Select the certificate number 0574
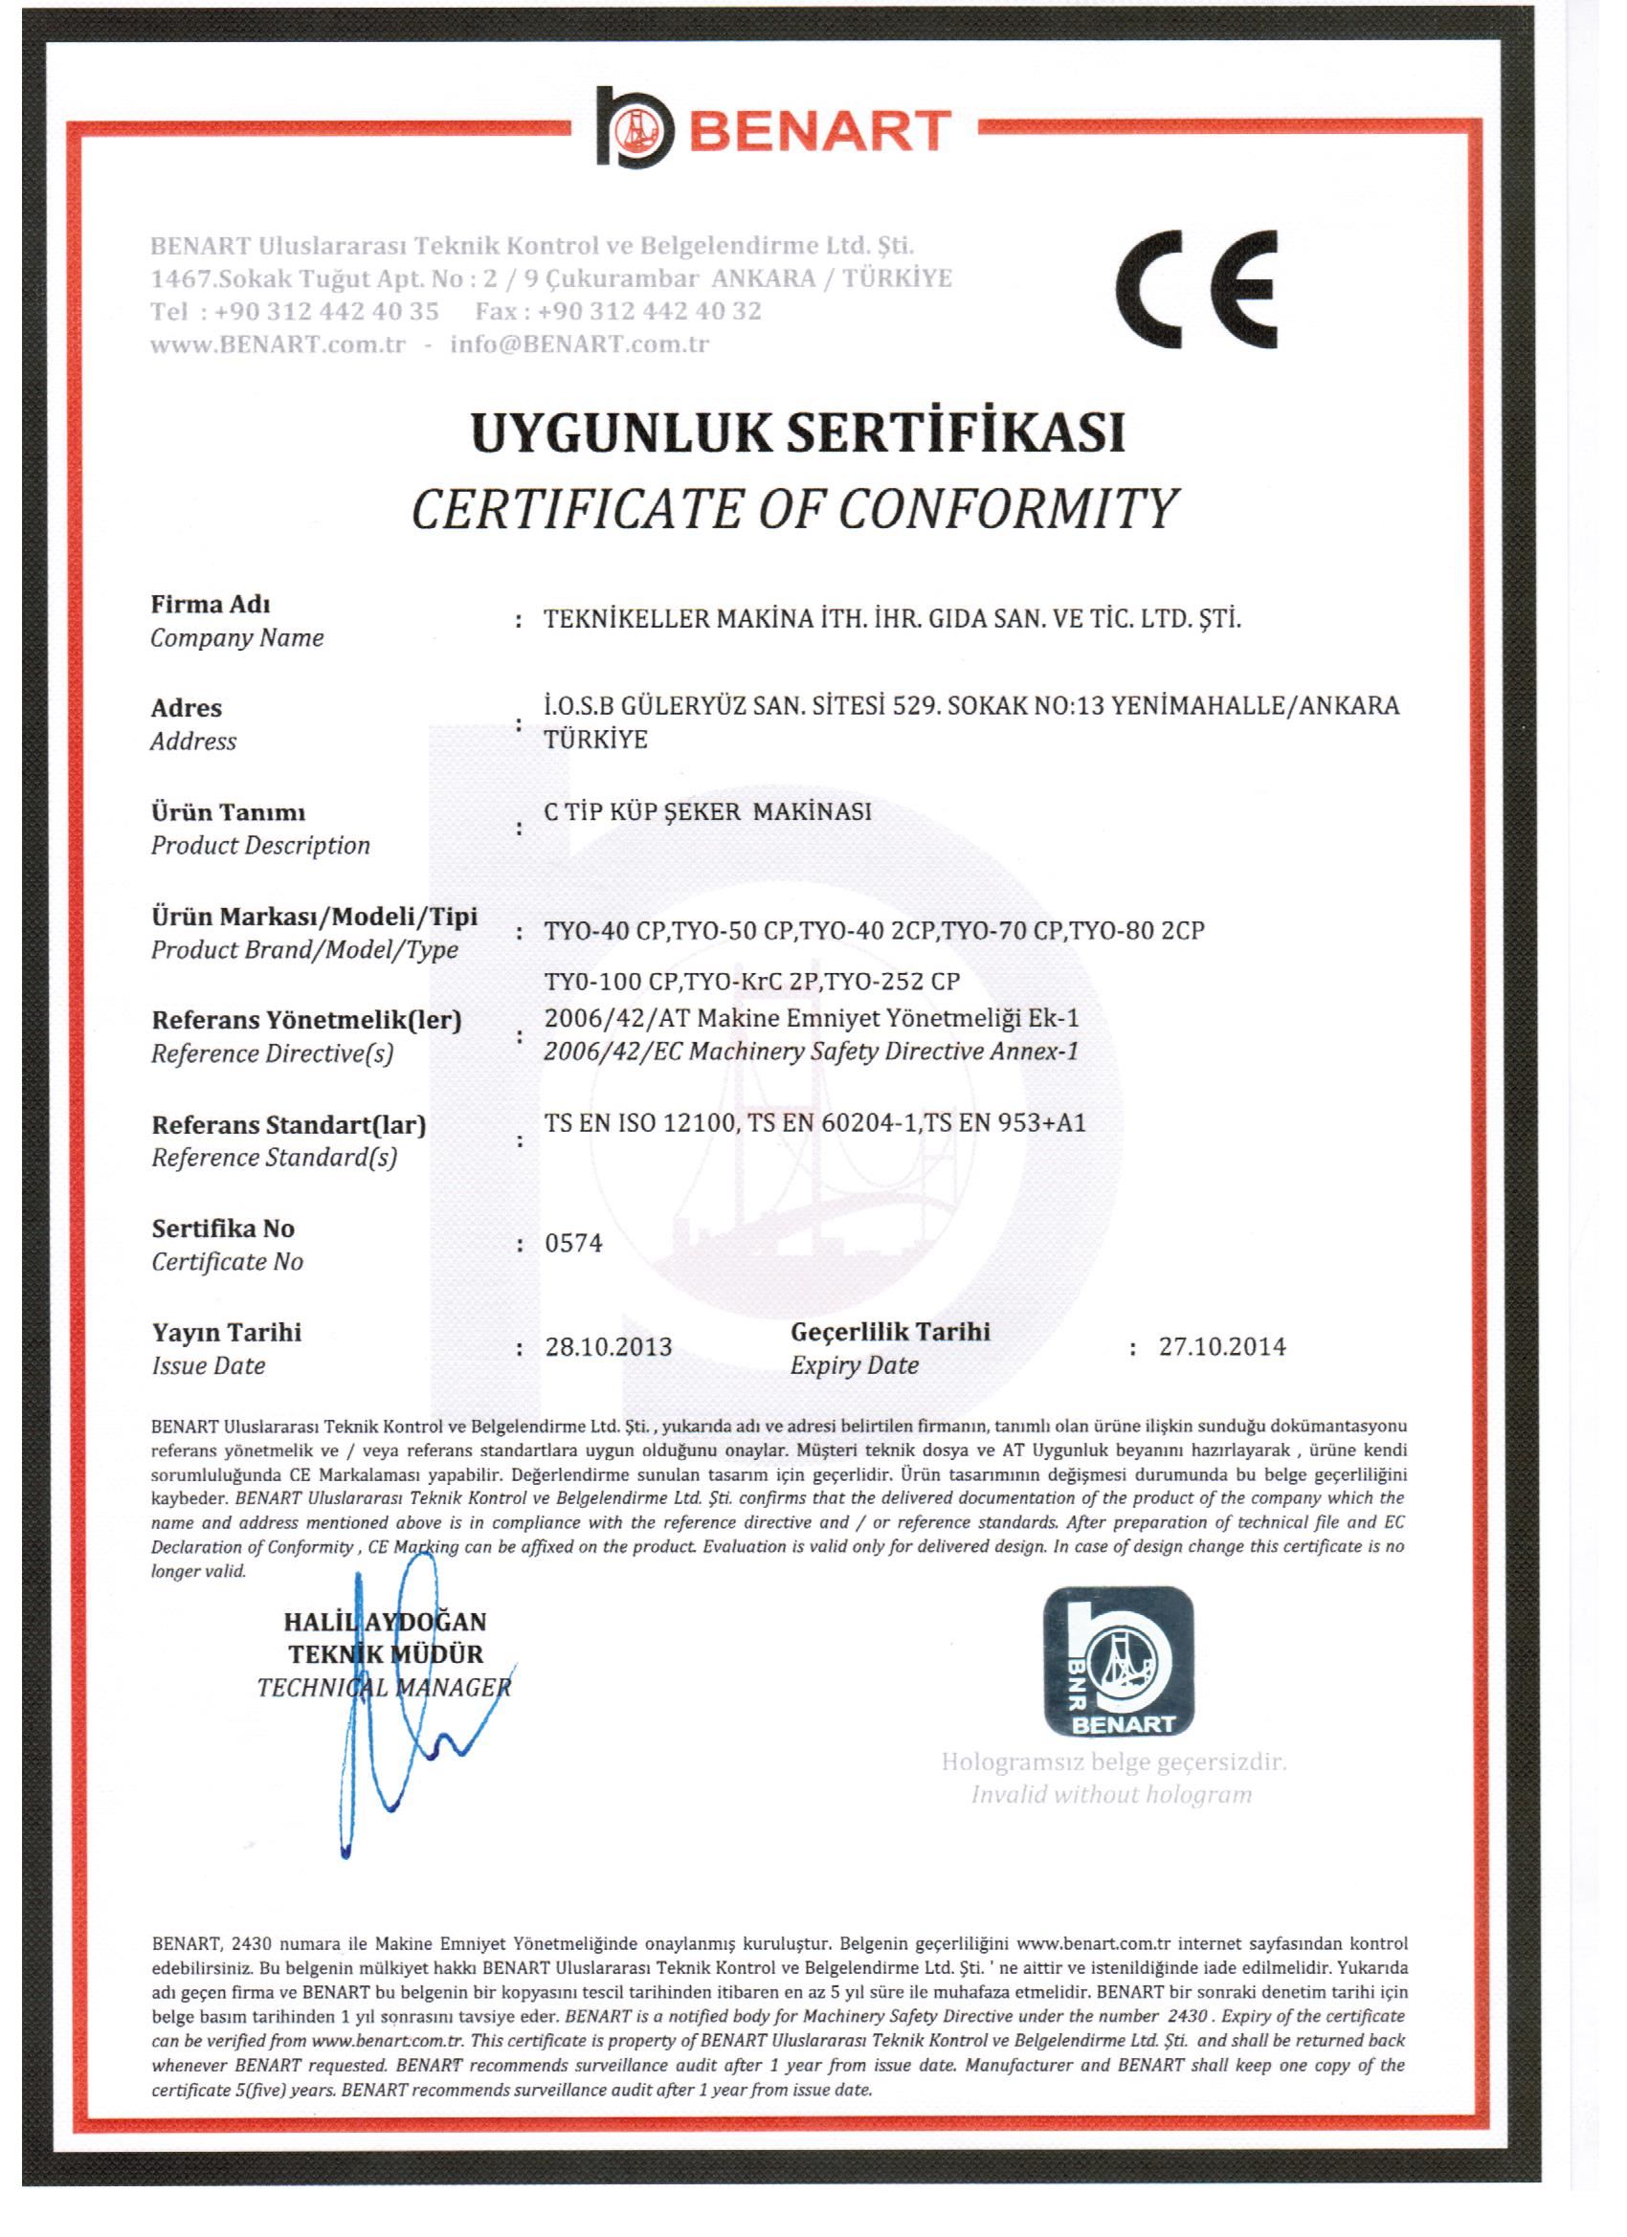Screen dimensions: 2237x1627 [573, 1243]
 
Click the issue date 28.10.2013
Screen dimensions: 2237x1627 [608, 1347]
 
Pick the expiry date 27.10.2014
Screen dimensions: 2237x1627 [1221, 1347]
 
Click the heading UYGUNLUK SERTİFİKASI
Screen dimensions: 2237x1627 [798, 434]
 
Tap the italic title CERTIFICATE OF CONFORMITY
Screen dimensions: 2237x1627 [794, 509]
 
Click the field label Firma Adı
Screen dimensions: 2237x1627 [211, 604]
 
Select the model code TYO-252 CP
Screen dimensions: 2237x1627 [892, 982]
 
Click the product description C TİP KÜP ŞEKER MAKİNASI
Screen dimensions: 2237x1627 [707, 811]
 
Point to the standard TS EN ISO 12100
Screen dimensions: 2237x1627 [640, 1122]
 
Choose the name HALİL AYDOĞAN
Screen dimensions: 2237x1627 [385, 1622]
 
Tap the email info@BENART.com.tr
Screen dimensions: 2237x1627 [579, 344]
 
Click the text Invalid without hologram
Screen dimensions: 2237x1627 [1111, 1795]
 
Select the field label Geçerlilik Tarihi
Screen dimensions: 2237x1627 [890, 1332]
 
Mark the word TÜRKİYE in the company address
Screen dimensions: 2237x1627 [596, 740]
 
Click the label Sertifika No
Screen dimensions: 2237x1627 [223, 1228]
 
